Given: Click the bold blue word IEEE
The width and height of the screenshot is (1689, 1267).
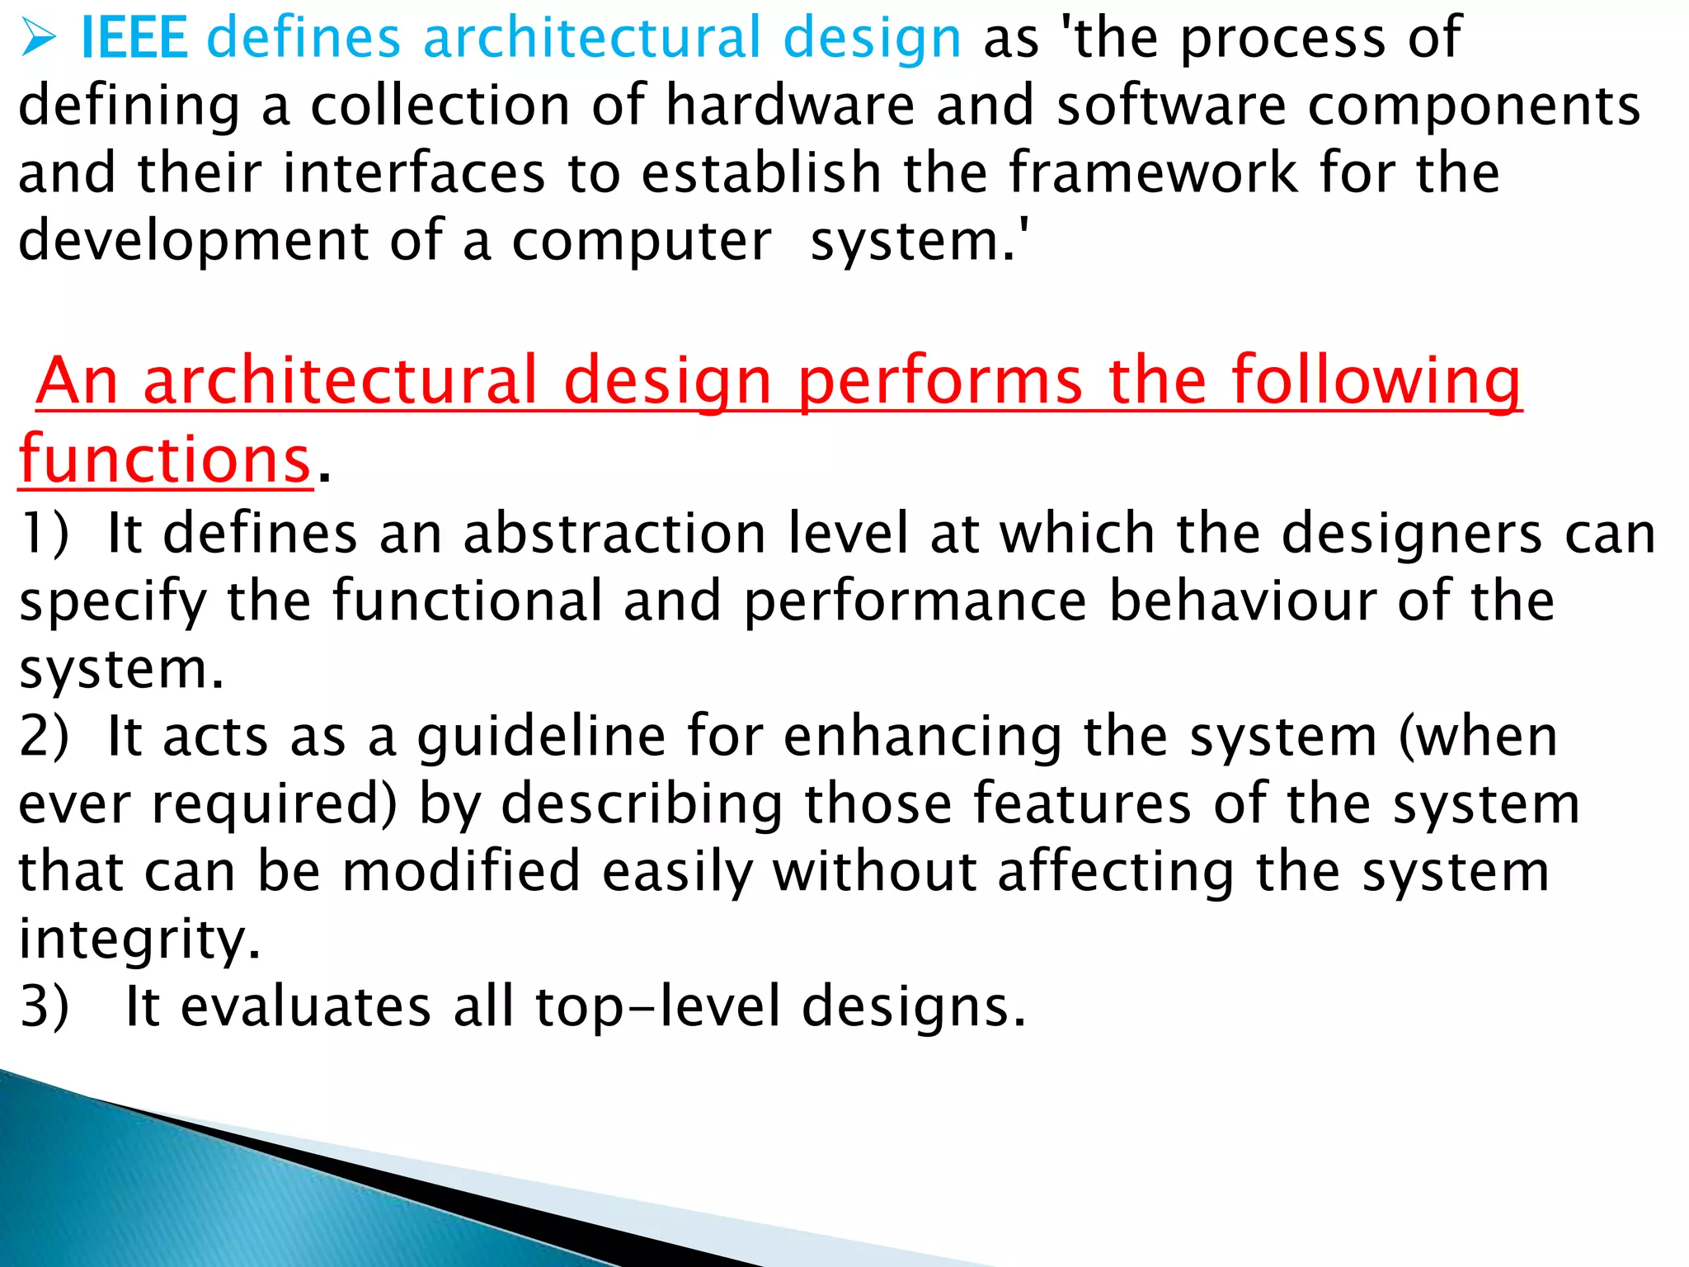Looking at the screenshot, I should [134, 38].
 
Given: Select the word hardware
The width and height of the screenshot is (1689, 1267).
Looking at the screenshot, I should [790, 106].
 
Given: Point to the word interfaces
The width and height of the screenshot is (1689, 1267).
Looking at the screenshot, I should [414, 173].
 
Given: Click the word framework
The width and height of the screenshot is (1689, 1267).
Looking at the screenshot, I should [1153, 173].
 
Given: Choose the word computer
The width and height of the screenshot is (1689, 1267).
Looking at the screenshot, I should [642, 243].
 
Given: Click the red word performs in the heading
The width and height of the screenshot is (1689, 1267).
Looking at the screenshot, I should [940, 381].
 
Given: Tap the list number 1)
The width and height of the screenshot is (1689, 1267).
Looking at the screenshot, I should [45, 533].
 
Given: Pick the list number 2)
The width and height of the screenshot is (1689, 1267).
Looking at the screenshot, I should [45, 736].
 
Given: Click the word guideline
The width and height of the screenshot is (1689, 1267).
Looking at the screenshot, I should [541, 737].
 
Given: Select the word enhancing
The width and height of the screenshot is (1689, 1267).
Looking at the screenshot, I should [922, 737].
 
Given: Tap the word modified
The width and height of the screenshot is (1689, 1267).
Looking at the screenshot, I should [462, 872].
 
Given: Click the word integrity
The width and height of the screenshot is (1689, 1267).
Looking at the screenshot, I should [139, 940].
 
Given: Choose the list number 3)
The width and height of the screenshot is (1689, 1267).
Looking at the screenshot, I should [45, 1007].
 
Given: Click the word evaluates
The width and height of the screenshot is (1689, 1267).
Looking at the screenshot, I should [306, 1007].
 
